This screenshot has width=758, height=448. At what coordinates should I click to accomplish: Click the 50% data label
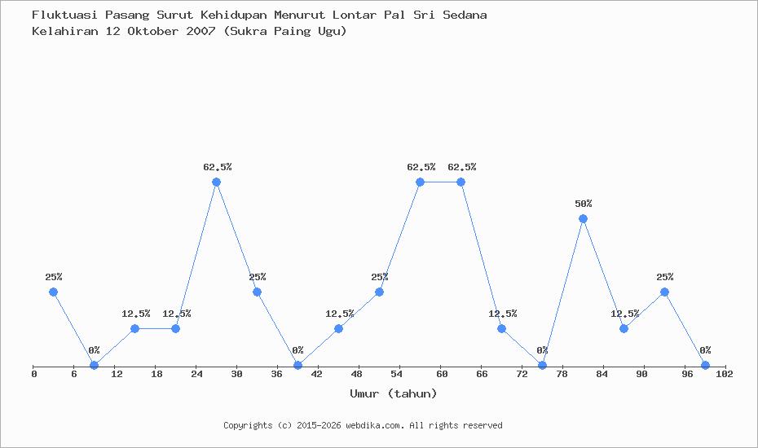(583, 204)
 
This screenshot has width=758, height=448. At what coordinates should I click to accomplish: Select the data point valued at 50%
(583, 219)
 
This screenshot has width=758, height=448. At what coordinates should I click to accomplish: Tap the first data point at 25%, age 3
(53, 292)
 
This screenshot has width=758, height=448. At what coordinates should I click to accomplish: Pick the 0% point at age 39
(297, 366)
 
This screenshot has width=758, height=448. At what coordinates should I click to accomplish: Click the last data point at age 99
(705, 366)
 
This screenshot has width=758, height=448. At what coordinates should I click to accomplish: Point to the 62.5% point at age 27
(216, 182)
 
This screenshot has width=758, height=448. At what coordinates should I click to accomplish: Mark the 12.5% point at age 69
(501, 328)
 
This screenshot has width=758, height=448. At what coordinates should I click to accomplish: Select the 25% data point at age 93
(664, 292)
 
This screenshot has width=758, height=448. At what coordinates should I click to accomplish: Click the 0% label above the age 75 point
(542, 350)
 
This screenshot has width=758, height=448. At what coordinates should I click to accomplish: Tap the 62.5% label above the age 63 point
(461, 167)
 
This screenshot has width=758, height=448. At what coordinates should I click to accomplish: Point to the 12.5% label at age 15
(136, 314)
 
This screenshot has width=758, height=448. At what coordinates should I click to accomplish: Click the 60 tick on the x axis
(442, 374)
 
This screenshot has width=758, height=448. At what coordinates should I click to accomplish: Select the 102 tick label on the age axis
(724, 374)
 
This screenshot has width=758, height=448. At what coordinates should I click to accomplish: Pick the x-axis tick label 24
(196, 374)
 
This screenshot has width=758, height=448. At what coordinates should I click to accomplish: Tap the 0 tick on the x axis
(34, 374)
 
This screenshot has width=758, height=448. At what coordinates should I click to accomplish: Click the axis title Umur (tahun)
(394, 393)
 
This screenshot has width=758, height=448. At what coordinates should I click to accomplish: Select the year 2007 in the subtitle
(201, 31)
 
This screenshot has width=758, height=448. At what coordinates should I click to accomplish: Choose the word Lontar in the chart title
(354, 15)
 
